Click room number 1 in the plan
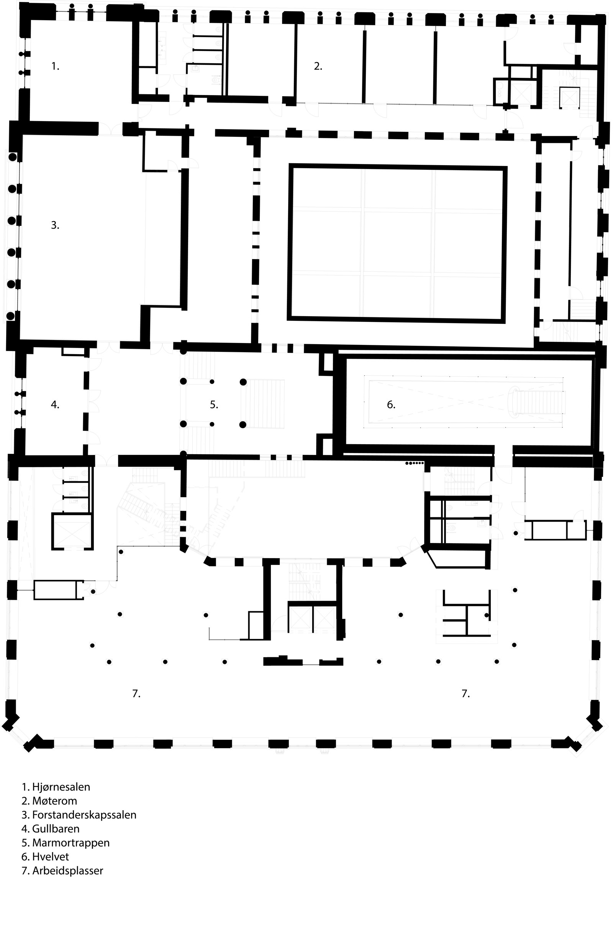pos(55,67)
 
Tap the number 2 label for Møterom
pos(318,67)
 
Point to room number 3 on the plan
pos(55,225)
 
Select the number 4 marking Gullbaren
pos(55,404)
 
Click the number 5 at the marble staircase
pos(214,404)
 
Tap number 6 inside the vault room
pos(391,404)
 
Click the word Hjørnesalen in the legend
pos(61,787)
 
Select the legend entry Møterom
pos(54,801)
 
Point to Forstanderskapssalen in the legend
pos(84,814)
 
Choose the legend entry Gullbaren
pos(56,829)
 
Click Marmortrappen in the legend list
pos(71,843)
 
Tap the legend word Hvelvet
pos(51,857)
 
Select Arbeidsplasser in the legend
pos(68,870)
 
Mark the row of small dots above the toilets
pos(415,463)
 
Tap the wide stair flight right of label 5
pos(267,403)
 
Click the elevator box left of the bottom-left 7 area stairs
pos(72,532)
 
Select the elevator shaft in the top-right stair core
pos(569,97)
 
